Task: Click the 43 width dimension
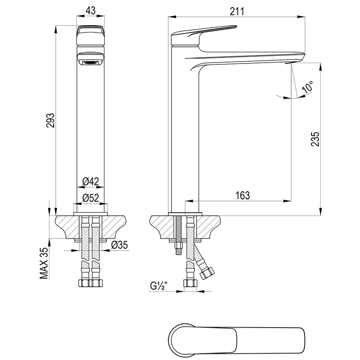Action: click(x=90, y=11)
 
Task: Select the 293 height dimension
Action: click(x=50, y=120)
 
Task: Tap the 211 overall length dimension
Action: click(x=237, y=12)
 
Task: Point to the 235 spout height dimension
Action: click(x=315, y=139)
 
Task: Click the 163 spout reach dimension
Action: click(x=243, y=195)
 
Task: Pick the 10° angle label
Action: click(x=308, y=87)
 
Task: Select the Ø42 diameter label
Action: click(x=90, y=182)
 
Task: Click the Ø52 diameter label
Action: click(x=90, y=198)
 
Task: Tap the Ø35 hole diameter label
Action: click(x=119, y=245)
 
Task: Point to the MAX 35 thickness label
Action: click(x=44, y=263)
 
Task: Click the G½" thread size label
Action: click(x=158, y=286)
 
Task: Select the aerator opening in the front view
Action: click(x=90, y=62)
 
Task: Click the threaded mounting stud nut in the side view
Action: click(x=178, y=246)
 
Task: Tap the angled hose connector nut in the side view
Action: click(x=207, y=272)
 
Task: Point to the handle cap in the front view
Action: click(x=90, y=35)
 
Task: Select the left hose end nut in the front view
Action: click(x=83, y=283)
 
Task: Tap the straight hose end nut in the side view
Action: click(x=190, y=283)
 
